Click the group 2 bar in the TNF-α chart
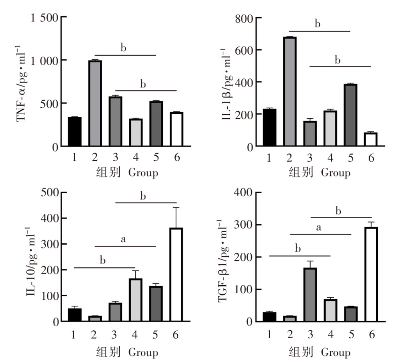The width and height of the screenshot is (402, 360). [x=95, y=104]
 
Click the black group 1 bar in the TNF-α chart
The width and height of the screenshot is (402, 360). [x=75, y=132]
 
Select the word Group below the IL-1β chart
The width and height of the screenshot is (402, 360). [x=334, y=173]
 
